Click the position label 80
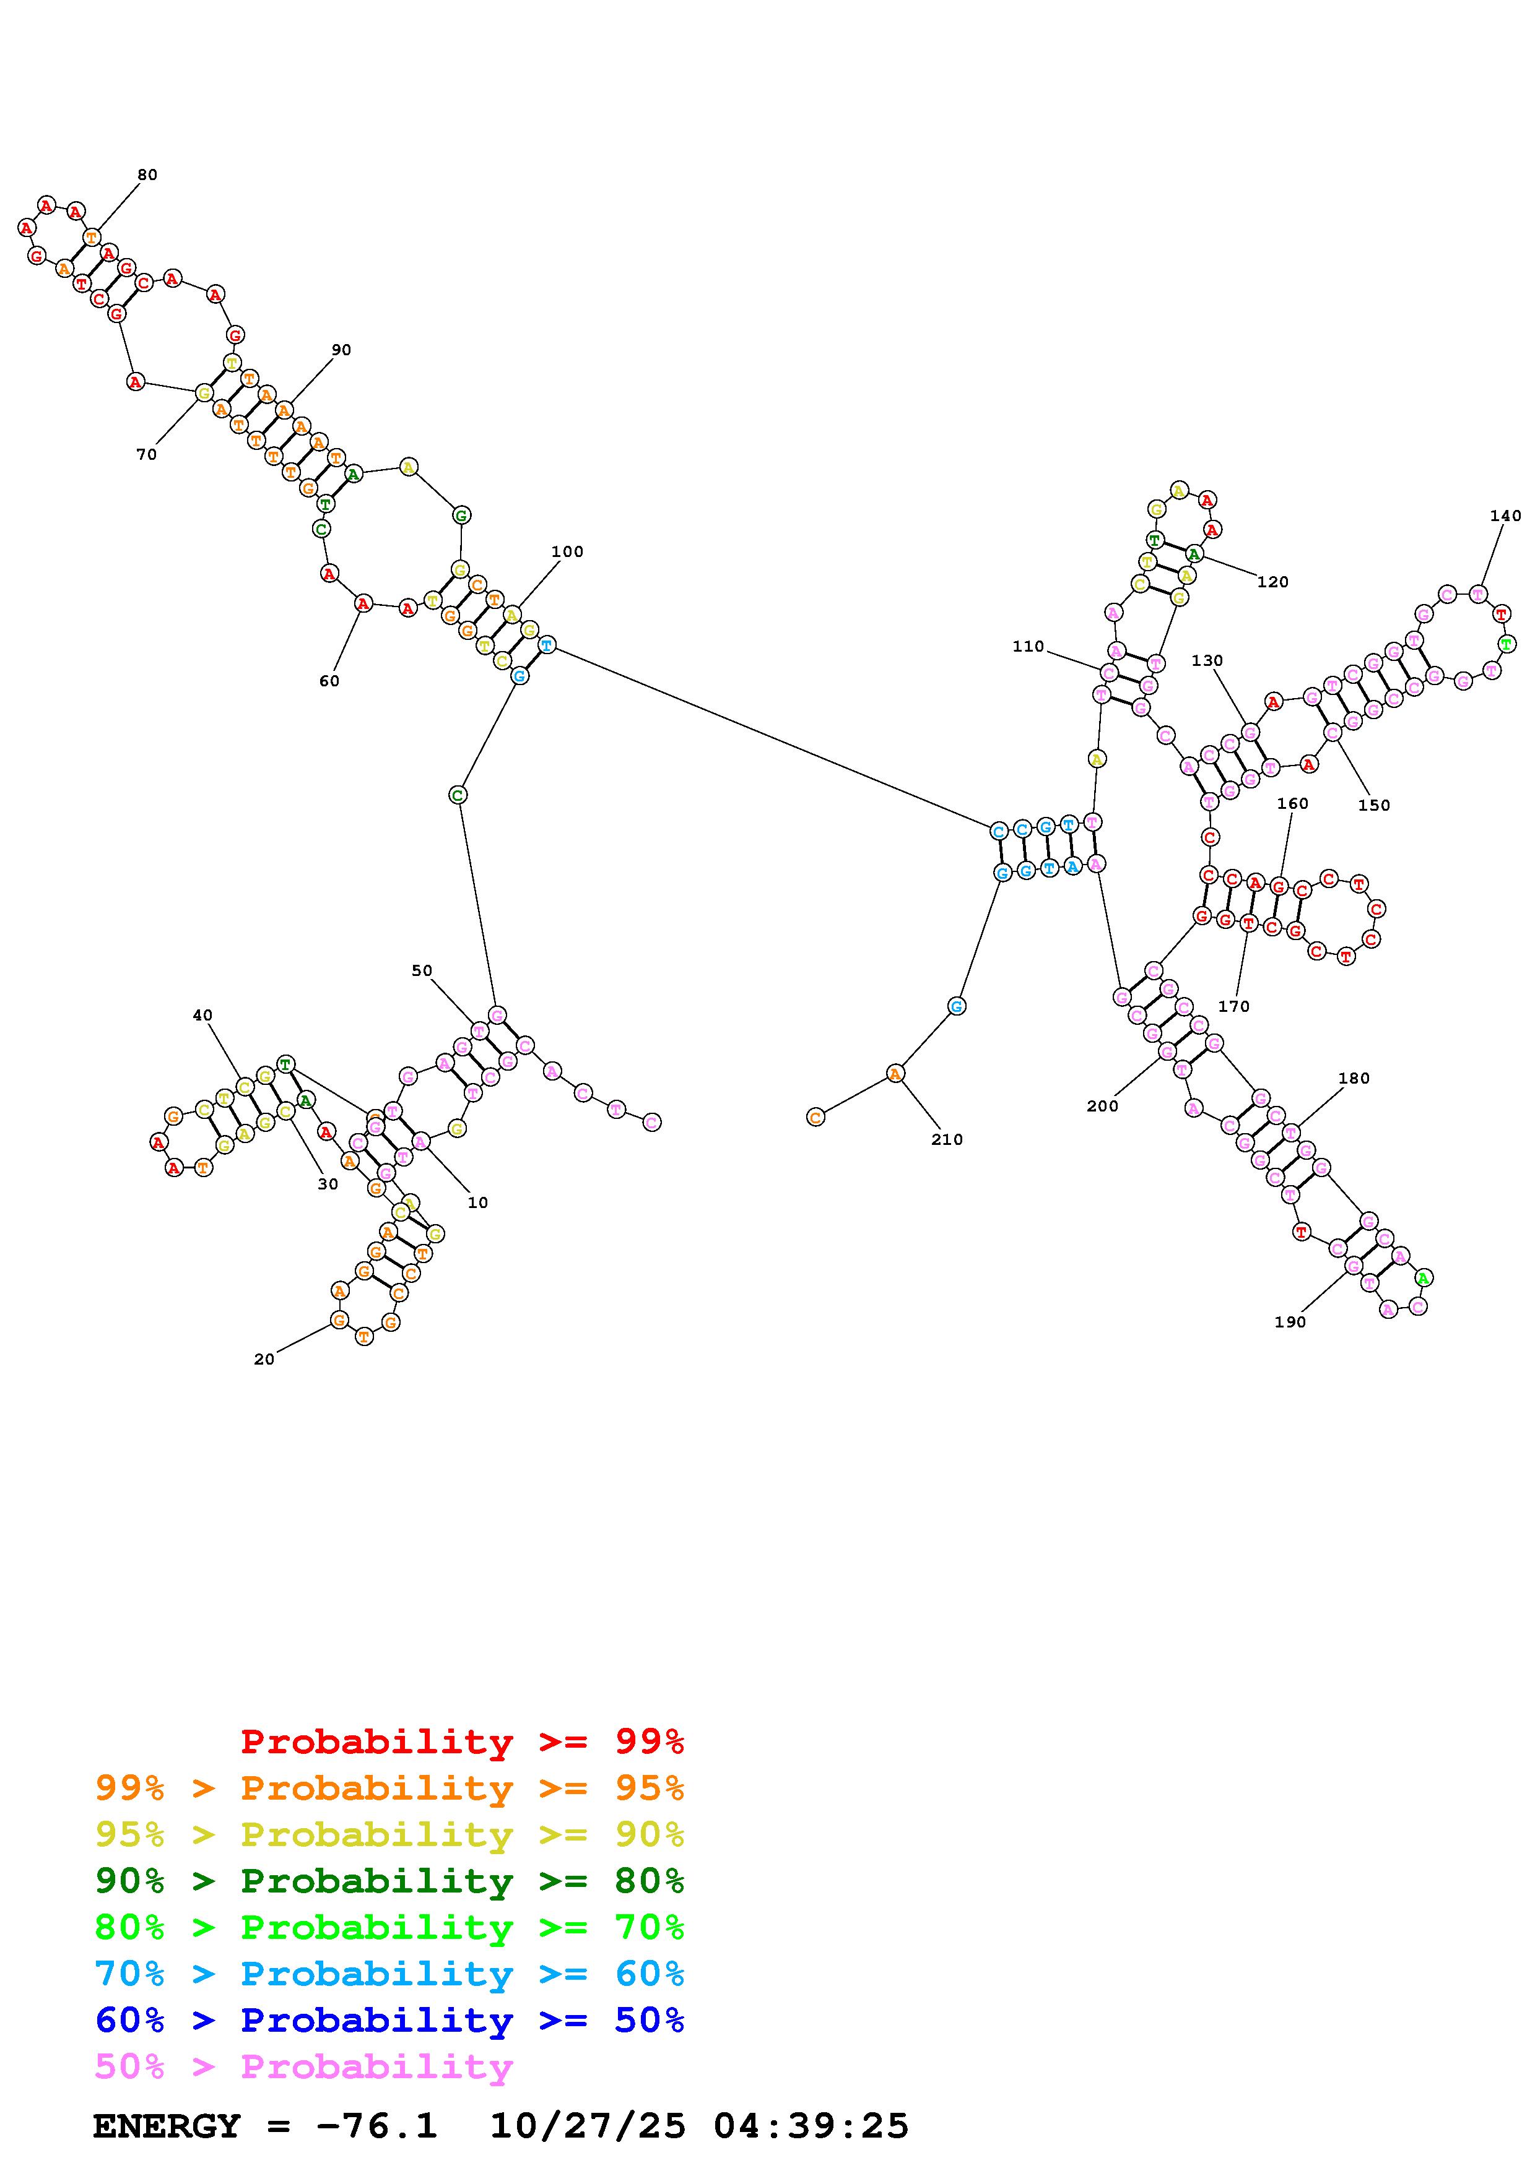147,175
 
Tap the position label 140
1505,516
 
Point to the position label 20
264,1360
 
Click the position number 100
567,552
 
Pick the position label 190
1290,1323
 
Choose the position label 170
1234,1007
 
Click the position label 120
1273,582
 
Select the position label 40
202,1016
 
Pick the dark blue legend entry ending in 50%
389,2021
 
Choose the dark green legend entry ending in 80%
389,1881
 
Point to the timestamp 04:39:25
811,2126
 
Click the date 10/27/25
588,2126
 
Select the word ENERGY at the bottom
167,2126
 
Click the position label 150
1374,806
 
